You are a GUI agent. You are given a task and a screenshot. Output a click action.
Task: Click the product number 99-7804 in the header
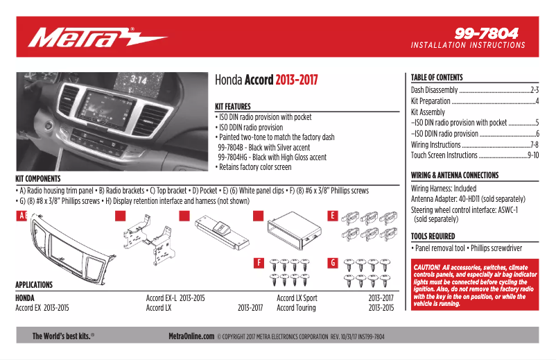coord(487,33)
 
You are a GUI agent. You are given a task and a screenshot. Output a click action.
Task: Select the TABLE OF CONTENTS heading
coord(437,78)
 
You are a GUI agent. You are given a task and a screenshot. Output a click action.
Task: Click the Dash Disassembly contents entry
coord(434,90)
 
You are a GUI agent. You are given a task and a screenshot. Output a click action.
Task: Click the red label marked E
coord(333,216)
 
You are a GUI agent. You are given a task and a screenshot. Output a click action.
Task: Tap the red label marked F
coord(259,263)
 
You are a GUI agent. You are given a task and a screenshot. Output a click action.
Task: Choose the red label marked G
coord(333,263)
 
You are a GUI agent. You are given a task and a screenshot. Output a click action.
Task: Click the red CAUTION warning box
coord(474,284)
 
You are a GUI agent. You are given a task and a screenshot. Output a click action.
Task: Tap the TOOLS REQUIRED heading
coord(433,236)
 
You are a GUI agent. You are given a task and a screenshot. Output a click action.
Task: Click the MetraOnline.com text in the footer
coord(191,336)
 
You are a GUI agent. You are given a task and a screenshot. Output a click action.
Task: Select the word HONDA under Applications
coord(25,298)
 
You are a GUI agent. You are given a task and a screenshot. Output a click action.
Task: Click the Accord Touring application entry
coord(296,307)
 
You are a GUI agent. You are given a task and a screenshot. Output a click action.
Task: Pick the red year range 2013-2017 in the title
coord(297,80)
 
